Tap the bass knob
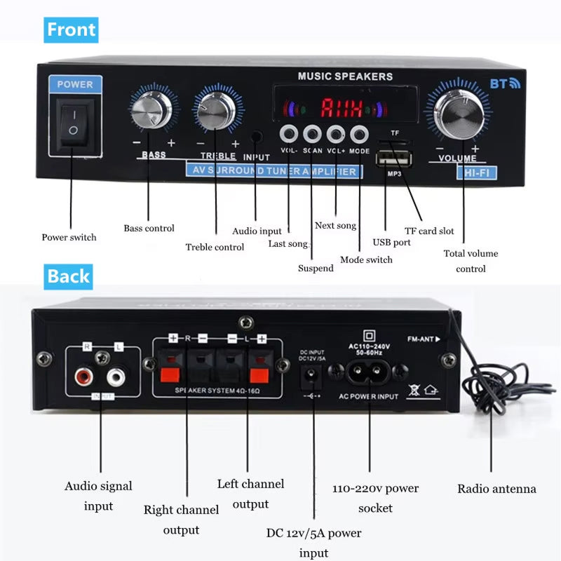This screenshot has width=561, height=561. [x=151, y=111]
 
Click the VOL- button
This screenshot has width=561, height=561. [x=289, y=133]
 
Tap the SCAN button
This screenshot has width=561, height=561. [x=312, y=133]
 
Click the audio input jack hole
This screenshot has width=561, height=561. [x=257, y=137]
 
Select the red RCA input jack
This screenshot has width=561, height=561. [x=85, y=379]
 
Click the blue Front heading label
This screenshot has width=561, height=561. [x=72, y=30]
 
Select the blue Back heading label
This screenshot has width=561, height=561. [x=68, y=276]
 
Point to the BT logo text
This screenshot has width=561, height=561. [x=504, y=84]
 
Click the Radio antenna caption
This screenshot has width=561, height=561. [x=496, y=489]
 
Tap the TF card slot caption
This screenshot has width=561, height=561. [x=429, y=231]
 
